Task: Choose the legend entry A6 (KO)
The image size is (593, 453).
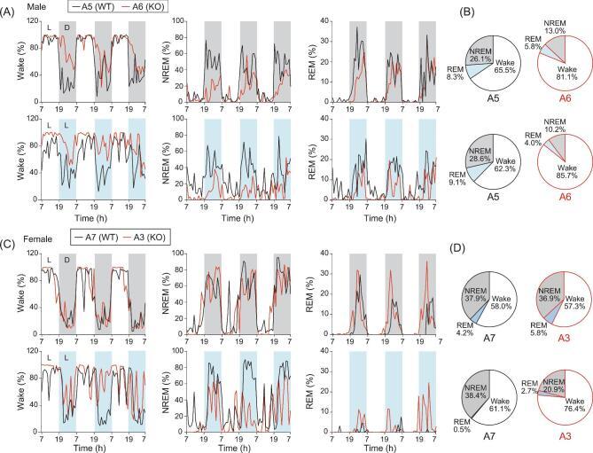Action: pos(143,6)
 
